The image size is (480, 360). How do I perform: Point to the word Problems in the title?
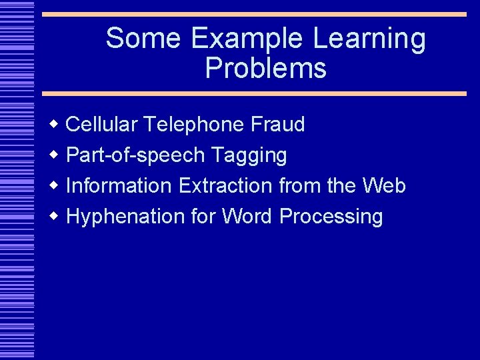(265, 68)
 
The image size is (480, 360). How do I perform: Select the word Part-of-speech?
(135, 155)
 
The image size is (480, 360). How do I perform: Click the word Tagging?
(249, 155)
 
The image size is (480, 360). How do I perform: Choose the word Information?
(119, 185)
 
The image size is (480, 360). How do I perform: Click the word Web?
(384, 185)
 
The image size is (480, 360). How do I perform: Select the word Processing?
(331, 217)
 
